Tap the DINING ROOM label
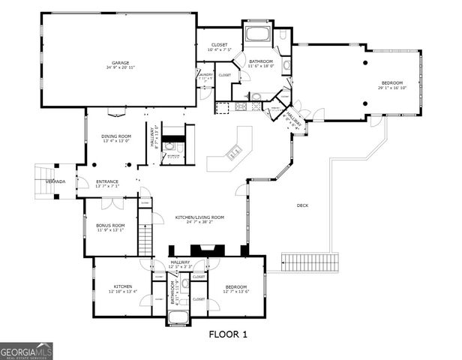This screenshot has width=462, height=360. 115,136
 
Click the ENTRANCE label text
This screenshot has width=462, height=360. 107,181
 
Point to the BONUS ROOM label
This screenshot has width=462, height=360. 110,225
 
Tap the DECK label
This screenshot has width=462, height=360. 302,205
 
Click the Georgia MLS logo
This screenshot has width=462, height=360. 26,351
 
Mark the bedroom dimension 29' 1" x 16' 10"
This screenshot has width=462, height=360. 392,87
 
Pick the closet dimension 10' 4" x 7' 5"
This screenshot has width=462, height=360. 219,50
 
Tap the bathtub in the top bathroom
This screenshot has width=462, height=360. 259,34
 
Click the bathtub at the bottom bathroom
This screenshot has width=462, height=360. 178,316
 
